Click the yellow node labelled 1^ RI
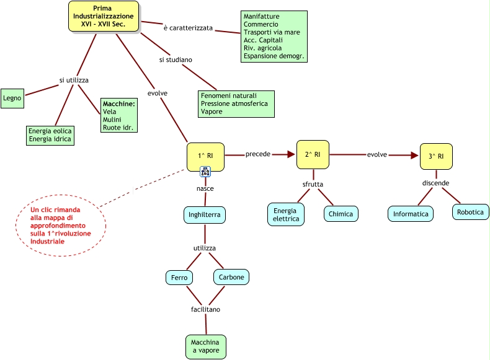(x=205, y=155)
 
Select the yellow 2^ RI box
(x=313, y=154)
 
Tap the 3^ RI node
(x=436, y=156)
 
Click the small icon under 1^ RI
(x=205, y=172)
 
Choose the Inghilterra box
(x=205, y=215)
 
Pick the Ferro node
(x=179, y=278)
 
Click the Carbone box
(x=231, y=277)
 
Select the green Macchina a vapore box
(x=205, y=346)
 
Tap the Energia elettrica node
(x=286, y=214)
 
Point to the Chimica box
(x=341, y=214)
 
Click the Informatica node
(x=411, y=214)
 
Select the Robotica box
(x=471, y=212)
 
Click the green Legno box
(x=12, y=98)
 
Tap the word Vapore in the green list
(x=212, y=112)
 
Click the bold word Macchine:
(x=119, y=103)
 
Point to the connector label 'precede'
(x=258, y=154)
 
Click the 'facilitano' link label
(x=205, y=309)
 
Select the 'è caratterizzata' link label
(x=188, y=28)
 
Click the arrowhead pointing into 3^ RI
(x=415, y=155)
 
